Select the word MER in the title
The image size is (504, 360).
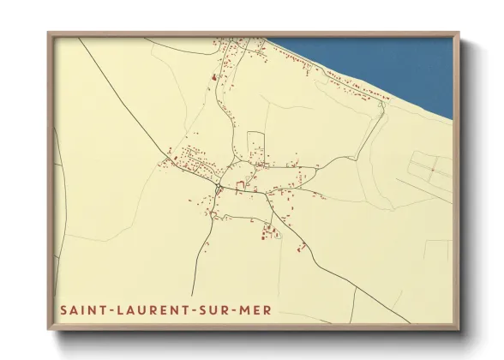tap(249, 309)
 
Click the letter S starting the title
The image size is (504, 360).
tap(63, 309)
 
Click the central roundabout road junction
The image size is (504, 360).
tap(219, 185)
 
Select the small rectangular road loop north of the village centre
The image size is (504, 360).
tap(255, 142)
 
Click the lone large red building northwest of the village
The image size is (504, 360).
tap(213, 78)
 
